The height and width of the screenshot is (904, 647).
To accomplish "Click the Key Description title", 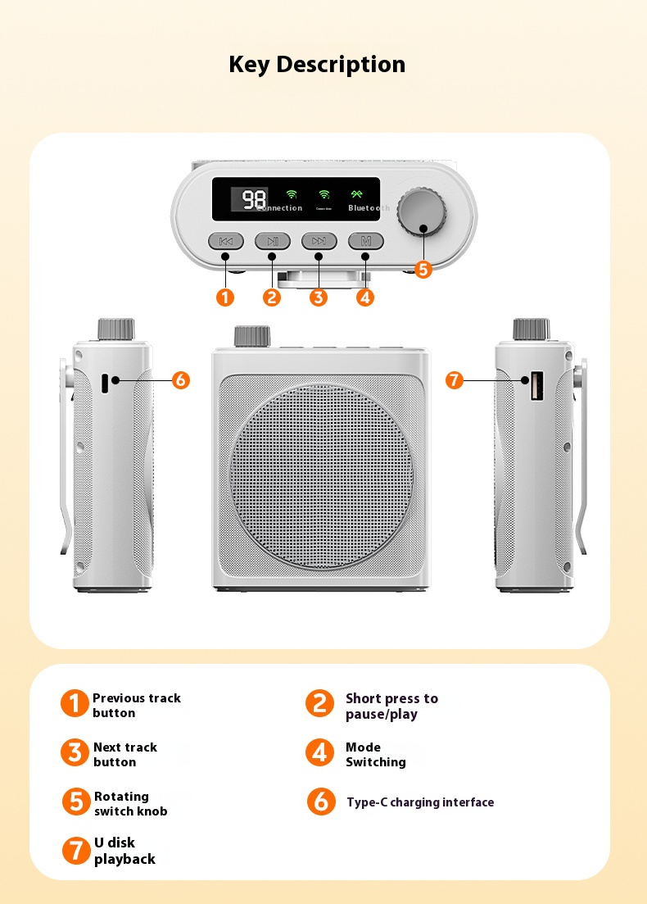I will point(317,64).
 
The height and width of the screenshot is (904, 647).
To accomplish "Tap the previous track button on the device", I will point(226,241).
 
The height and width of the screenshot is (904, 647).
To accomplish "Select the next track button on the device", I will point(319,241).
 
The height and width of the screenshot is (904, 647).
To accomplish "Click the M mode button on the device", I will point(366,241).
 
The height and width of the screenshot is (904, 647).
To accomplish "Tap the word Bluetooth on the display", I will point(368,208).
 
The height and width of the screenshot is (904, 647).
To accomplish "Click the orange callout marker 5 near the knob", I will point(423,269).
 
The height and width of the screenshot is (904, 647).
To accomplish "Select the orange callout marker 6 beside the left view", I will point(181,379).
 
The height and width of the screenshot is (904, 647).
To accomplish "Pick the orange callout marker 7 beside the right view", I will point(455,379).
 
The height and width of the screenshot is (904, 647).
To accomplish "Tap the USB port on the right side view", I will point(536,386).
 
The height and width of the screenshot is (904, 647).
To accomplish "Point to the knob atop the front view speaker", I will point(251,336).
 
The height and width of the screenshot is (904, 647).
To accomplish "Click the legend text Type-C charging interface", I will point(420,802).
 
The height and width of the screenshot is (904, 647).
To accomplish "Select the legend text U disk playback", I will point(124,851).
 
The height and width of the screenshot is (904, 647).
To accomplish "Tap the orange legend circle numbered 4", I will point(319,752).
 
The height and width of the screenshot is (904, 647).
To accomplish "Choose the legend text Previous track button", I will point(136,705).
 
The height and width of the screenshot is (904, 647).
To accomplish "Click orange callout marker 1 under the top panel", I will point(225,298).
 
